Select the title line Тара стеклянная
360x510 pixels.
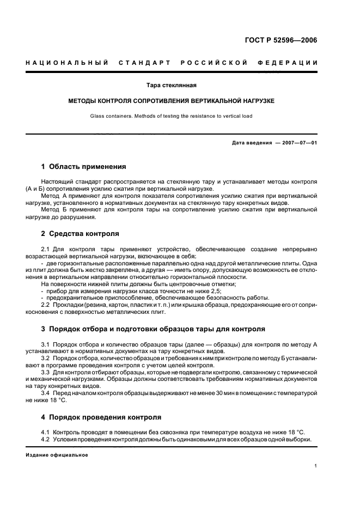[172, 86]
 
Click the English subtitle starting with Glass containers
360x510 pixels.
[172, 116]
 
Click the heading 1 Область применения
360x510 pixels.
[83, 167]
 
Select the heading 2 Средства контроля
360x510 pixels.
[80, 233]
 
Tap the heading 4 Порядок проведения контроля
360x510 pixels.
[101, 417]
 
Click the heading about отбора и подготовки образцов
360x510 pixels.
[145, 329]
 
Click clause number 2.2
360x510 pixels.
[46, 305]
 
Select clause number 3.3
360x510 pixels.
[46, 372]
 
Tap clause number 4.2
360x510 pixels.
[46, 440]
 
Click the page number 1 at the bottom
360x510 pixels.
[316, 466]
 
